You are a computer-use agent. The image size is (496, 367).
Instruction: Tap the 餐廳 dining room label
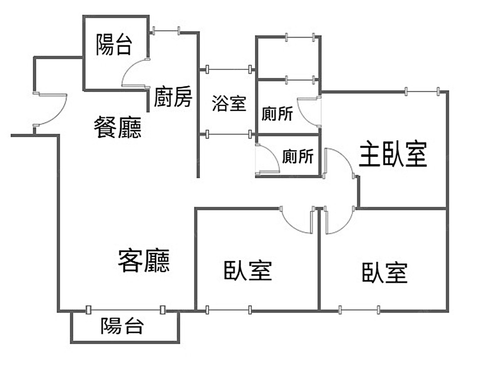(x=118, y=127)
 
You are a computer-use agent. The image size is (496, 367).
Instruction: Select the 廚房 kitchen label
(x=172, y=97)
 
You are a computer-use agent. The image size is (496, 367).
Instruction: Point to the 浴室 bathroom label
(x=229, y=104)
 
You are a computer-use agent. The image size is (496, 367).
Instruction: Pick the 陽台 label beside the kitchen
(x=114, y=45)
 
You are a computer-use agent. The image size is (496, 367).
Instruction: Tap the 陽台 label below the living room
(x=122, y=326)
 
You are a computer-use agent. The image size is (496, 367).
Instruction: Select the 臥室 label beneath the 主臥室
(x=384, y=273)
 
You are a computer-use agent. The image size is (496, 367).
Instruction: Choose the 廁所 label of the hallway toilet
(x=298, y=157)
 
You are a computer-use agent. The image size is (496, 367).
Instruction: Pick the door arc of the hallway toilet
(x=267, y=158)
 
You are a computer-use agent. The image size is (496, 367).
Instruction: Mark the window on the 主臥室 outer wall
(x=423, y=91)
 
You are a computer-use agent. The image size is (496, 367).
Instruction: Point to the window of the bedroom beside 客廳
(x=228, y=311)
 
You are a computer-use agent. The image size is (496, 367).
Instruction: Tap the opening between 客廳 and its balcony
(x=125, y=311)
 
